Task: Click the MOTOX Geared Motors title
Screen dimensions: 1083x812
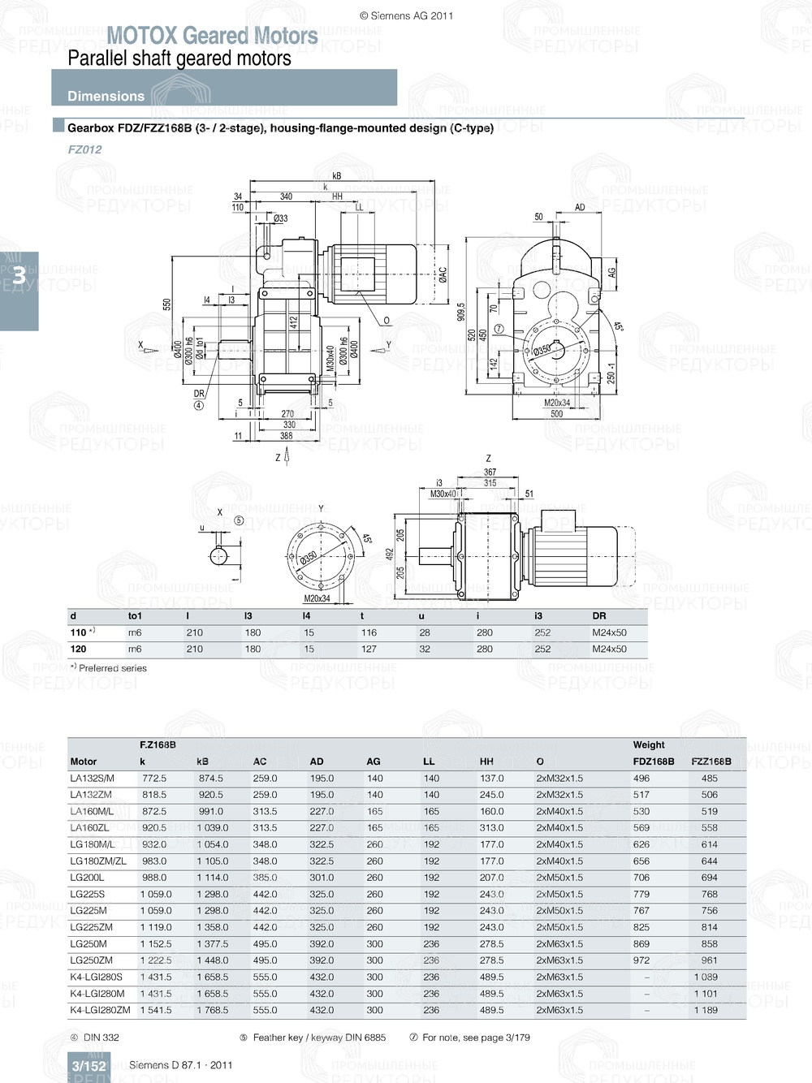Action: point(212,36)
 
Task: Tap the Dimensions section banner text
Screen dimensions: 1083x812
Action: point(106,96)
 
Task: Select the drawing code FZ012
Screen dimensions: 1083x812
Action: point(84,149)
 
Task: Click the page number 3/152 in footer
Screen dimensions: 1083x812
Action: point(89,1066)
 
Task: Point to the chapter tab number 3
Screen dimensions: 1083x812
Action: point(19,276)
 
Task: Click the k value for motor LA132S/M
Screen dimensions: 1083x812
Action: point(153,779)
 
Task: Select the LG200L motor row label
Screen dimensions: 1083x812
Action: point(87,878)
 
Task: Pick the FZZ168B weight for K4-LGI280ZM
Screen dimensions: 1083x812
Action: point(705,1011)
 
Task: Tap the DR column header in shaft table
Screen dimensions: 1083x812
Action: point(599,616)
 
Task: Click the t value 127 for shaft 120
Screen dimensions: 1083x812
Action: point(369,649)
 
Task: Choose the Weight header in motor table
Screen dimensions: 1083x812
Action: point(649,744)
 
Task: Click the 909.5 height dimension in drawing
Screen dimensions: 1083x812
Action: point(460,312)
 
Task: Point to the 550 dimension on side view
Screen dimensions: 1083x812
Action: point(167,304)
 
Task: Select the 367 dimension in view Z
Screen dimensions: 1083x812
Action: point(490,472)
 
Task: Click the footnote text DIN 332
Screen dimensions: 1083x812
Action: point(101,1038)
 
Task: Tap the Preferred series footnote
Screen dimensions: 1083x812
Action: point(112,668)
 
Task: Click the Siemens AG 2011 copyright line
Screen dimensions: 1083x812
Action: point(406,15)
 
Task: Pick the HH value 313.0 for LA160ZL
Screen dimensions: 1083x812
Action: point(491,828)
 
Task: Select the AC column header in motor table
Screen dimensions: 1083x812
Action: point(260,762)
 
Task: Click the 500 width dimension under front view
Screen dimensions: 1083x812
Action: point(556,414)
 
